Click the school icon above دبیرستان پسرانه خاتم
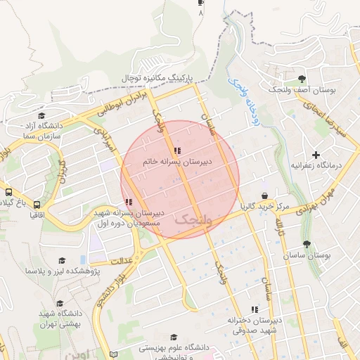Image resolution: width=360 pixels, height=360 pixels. (176, 150)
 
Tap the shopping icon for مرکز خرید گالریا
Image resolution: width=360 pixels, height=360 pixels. (264, 195)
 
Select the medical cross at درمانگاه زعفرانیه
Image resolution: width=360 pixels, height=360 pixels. (316, 154)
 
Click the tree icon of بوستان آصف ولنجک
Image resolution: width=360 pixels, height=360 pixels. (302, 79)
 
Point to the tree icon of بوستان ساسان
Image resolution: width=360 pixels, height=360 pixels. (307, 244)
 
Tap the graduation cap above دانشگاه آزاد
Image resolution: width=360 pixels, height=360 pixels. (41, 115)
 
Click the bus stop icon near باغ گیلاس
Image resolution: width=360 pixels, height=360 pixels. (8, 192)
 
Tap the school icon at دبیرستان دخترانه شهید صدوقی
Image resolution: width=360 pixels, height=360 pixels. (255, 309)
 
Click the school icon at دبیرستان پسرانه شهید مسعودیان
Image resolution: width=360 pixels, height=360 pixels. (129, 202)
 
